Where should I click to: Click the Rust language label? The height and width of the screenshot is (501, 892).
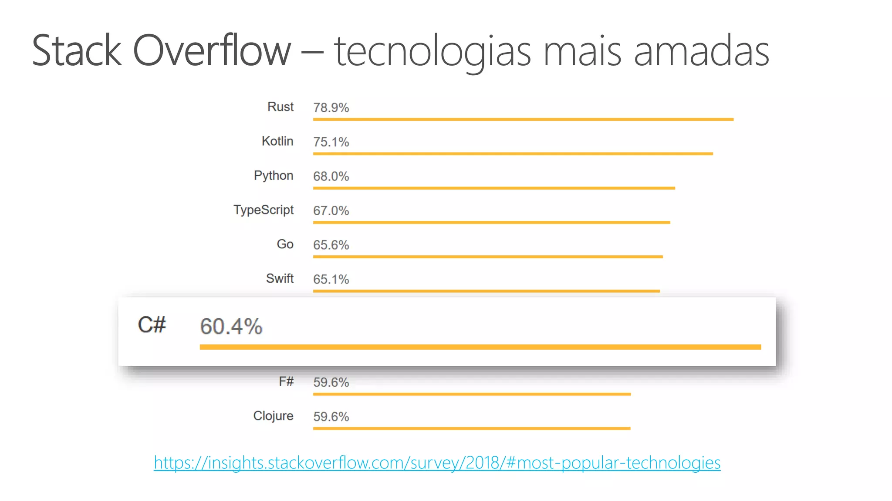(280, 107)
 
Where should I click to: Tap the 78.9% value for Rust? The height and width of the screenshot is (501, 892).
(331, 108)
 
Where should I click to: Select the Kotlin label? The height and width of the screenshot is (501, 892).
(277, 141)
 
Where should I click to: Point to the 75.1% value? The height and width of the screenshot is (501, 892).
(331, 142)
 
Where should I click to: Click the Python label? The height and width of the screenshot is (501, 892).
(274, 176)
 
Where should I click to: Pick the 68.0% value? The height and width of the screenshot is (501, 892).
(331, 177)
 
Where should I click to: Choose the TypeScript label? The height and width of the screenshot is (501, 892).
(264, 210)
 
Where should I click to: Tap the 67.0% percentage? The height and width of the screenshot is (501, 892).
(331, 211)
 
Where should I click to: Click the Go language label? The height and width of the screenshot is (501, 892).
(285, 244)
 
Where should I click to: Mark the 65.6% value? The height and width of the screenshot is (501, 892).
(331, 245)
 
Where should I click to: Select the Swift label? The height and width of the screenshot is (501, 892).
(280, 279)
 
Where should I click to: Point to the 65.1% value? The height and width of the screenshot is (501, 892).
(331, 280)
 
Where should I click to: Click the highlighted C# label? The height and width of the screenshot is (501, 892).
(152, 325)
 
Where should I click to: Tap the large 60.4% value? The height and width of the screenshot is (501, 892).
(231, 327)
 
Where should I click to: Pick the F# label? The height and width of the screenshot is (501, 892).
(286, 382)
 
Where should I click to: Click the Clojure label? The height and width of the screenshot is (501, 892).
(273, 416)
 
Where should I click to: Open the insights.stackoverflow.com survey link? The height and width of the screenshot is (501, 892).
(437, 463)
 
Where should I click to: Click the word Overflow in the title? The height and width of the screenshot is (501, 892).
(212, 51)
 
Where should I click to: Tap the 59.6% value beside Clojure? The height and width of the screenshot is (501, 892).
(331, 417)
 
